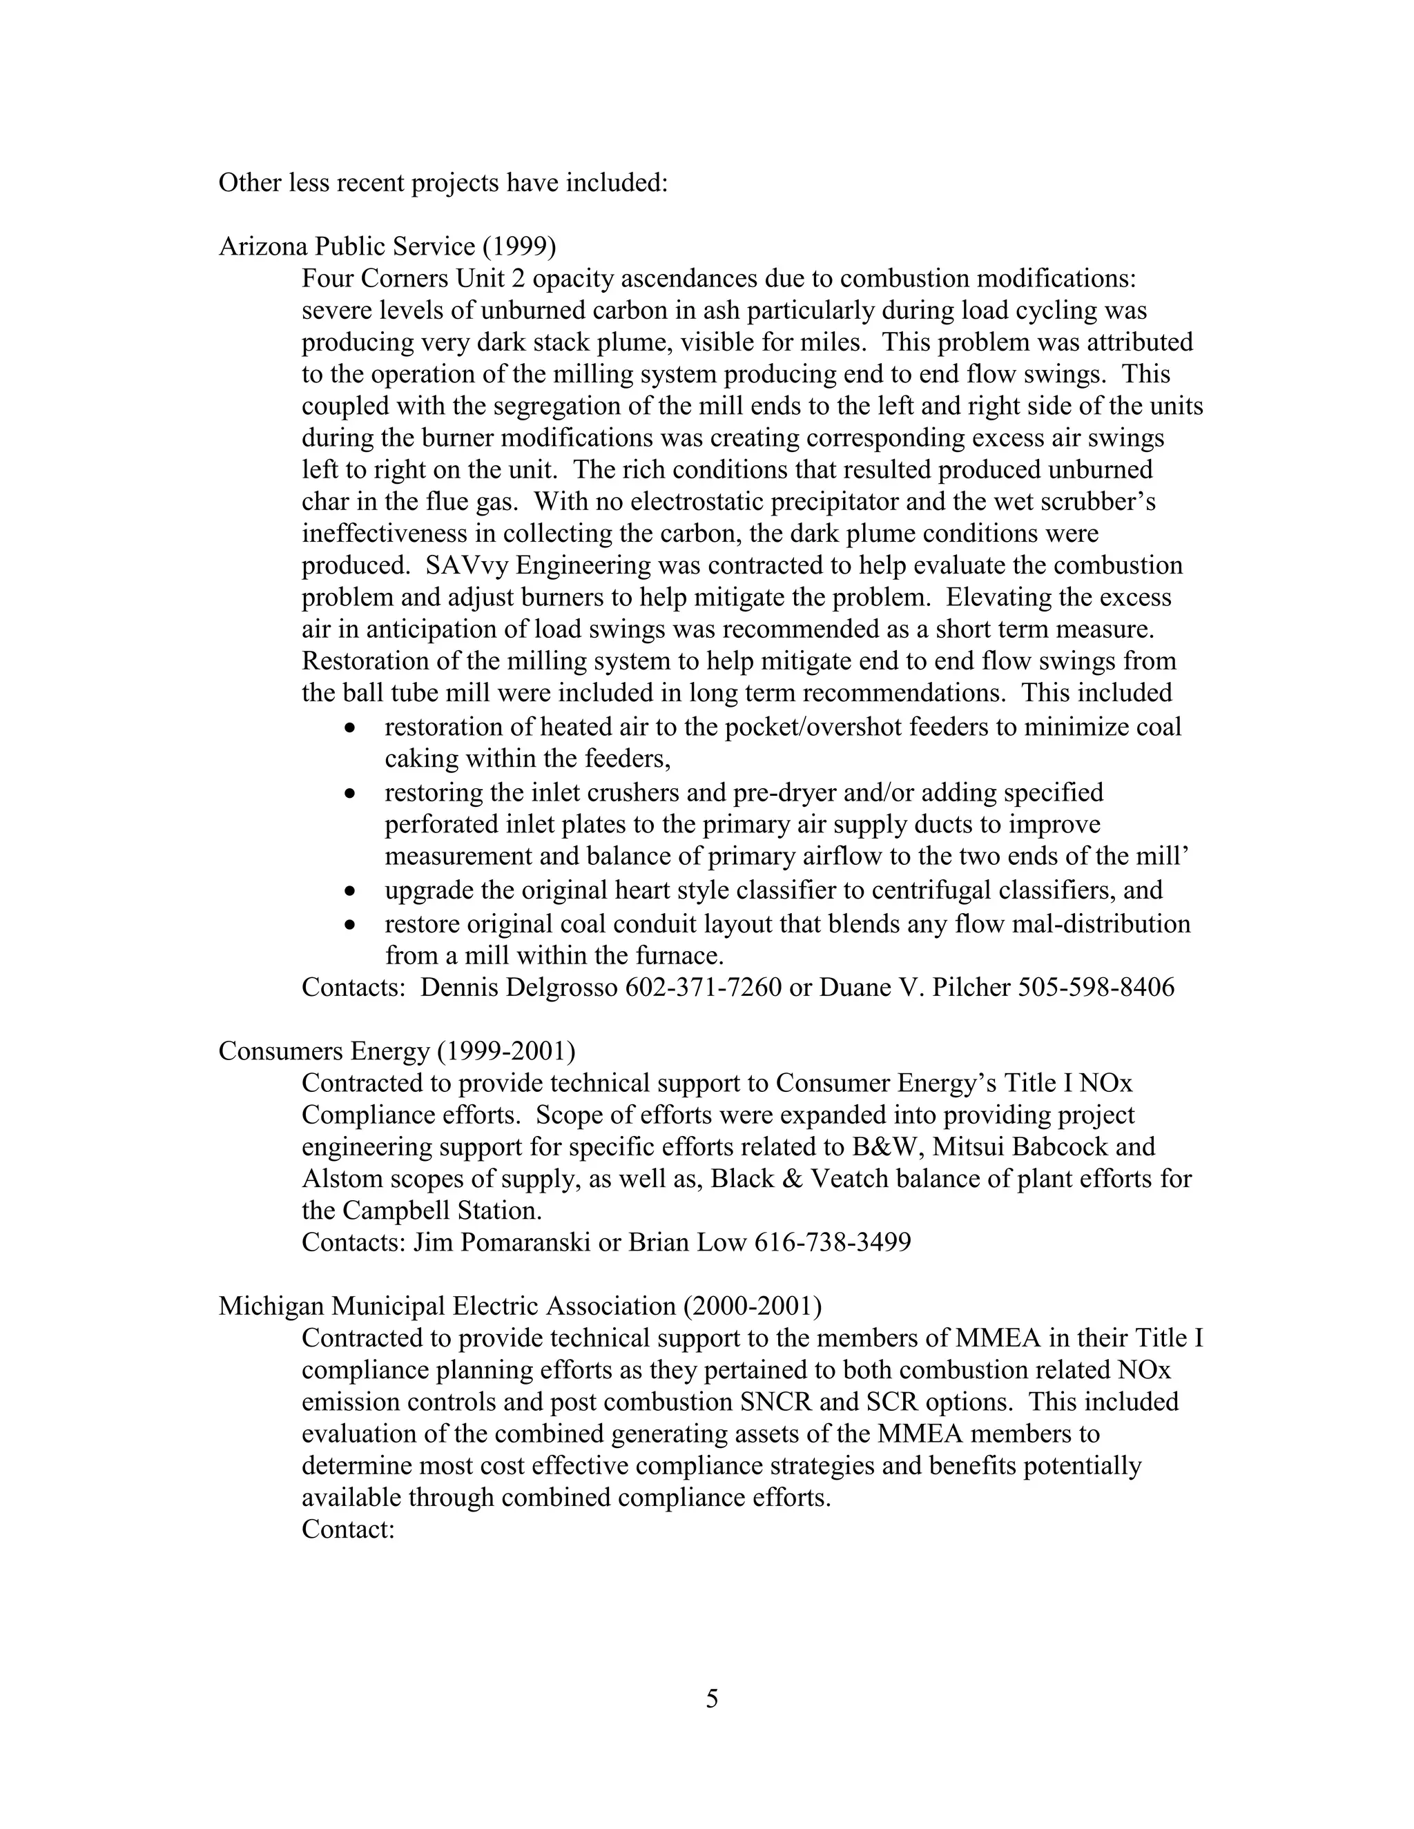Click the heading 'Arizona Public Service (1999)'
tap(387, 246)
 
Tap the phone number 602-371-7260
tap(703, 988)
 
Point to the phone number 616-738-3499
tap(833, 1242)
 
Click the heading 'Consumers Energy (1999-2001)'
tap(396, 1051)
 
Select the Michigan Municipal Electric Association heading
tap(519, 1306)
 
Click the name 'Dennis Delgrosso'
tap(519, 988)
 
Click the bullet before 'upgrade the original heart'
tap(350, 890)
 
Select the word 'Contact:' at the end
tap(348, 1529)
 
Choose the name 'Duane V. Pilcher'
tap(914, 988)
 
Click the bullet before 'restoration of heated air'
tap(350, 727)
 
